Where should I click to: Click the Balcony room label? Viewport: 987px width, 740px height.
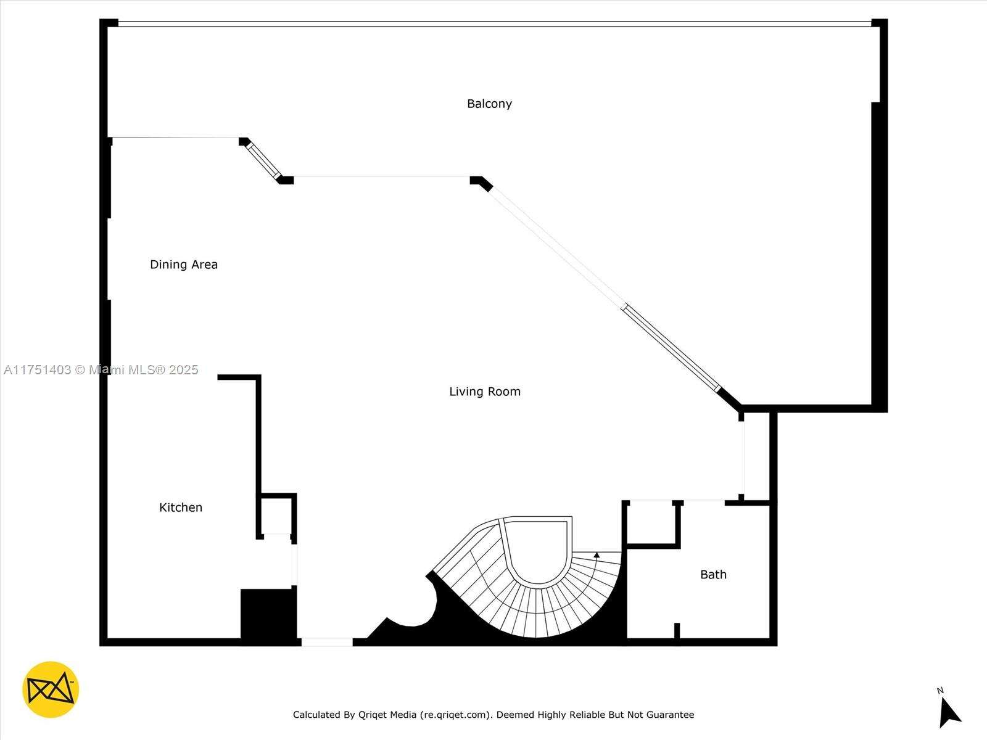[x=489, y=104]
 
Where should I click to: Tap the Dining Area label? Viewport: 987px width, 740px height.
[x=183, y=265]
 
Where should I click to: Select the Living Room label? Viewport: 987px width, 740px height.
[x=485, y=392]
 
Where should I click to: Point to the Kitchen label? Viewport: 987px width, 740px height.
[x=181, y=508]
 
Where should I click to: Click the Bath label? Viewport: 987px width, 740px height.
[x=713, y=575]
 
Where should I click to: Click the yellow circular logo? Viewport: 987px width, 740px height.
[x=51, y=689]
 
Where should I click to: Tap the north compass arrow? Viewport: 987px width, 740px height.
[x=949, y=713]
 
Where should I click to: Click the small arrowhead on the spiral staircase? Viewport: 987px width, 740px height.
[x=597, y=556]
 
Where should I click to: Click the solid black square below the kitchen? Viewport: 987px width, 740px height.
[x=268, y=614]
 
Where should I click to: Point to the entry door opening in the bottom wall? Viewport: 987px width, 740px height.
[x=327, y=643]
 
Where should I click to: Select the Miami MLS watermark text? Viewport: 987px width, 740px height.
[x=101, y=370]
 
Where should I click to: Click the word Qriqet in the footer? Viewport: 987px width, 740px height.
[x=374, y=715]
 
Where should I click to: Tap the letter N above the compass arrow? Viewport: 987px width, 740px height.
[x=940, y=691]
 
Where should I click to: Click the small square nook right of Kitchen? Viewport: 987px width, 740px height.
[x=276, y=516]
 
